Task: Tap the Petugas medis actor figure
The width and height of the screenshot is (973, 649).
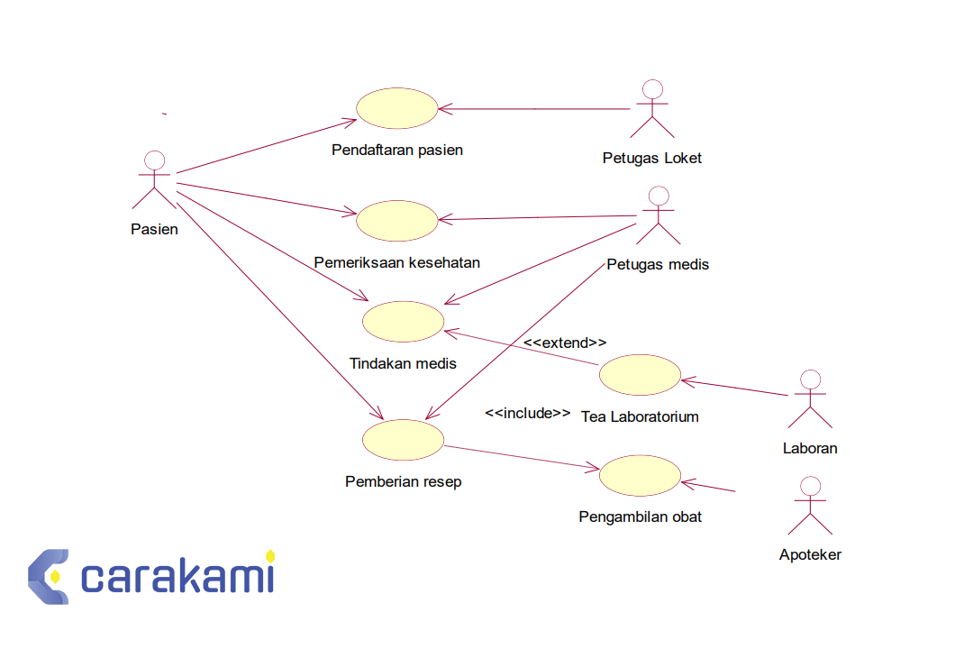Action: (x=659, y=215)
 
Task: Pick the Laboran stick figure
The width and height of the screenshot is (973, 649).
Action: (x=810, y=398)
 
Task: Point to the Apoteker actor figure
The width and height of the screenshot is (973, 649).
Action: (x=810, y=506)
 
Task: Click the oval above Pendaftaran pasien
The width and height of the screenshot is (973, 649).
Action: (x=397, y=109)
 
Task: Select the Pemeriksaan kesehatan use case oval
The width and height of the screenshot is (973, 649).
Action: (x=397, y=221)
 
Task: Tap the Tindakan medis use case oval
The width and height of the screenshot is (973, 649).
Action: (x=403, y=322)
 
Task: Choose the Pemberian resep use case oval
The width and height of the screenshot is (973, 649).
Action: (x=403, y=440)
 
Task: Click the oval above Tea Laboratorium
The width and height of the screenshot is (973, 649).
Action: (x=641, y=375)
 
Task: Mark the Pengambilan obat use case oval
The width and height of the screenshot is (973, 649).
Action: (x=641, y=476)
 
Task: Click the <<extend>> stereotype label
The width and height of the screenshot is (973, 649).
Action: (x=565, y=343)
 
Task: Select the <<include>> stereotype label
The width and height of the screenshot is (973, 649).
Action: (x=528, y=413)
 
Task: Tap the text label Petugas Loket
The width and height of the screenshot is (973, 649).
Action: (x=652, y=159)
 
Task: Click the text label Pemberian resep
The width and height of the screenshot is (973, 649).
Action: (x=403, y=482)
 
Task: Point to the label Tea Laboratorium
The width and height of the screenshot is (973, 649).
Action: (x=641, y=416)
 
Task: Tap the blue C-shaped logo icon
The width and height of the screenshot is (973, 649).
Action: (x=48, y=576)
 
